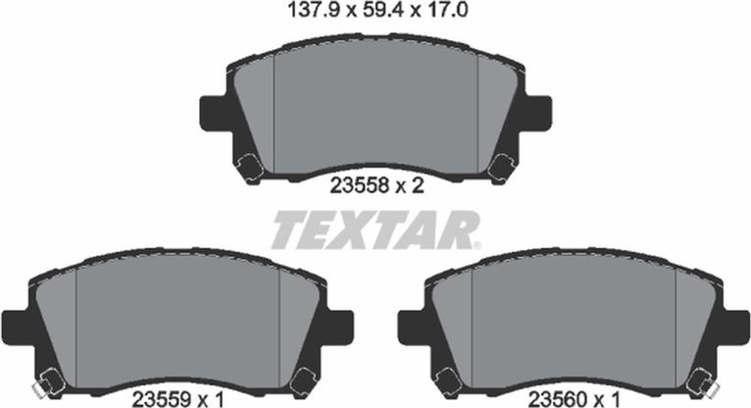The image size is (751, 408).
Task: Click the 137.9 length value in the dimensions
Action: pos(313,10)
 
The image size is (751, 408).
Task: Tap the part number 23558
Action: pos(359,185)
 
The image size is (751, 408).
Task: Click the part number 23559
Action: pos(162,398)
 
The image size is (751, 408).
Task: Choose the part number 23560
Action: pos(558,398)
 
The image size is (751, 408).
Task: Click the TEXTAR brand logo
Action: pos(375,229)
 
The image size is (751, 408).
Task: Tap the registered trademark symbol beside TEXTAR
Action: pos(477,245)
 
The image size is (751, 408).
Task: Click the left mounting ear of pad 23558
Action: pos(213,113)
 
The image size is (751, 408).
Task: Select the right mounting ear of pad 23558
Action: pos(538,113)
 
